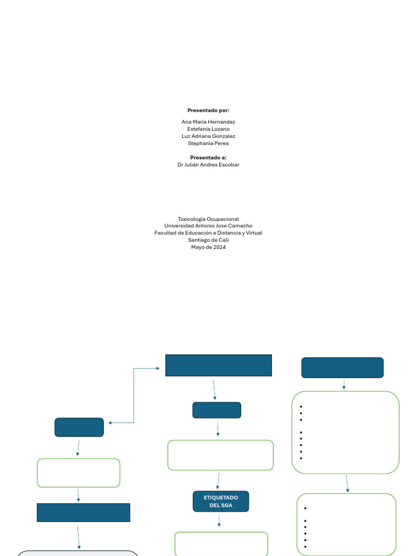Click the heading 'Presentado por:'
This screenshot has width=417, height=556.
pos(208,110)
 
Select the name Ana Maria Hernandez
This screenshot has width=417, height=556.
pos(208,122)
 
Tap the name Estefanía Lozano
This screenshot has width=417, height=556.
pos(208,129)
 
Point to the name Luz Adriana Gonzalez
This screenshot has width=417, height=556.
pos(208,136)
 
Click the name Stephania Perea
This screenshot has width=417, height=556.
pos(208,143)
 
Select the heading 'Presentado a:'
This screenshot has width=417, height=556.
pos(208,157)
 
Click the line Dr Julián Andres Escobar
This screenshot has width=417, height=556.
pos(208,165)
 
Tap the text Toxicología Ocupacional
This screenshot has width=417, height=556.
pos(208,219)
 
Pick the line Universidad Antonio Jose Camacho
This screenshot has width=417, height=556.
pos(208,226)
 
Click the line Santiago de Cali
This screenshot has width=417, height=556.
pos(208,240)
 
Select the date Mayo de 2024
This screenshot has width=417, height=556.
pos(208,247)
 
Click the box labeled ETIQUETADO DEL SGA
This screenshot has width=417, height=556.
pos(220,501)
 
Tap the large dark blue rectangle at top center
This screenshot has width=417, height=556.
pos(218,365)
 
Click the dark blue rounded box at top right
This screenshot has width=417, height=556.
pos(342,368)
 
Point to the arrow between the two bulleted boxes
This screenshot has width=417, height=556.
pos(347,483)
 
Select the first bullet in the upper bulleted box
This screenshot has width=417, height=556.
pos(301,407)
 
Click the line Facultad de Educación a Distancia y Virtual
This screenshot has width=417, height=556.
pos(208,233)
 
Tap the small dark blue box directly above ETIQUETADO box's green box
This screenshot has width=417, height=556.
pos(217,410)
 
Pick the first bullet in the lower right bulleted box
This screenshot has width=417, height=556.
pos(306,509)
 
